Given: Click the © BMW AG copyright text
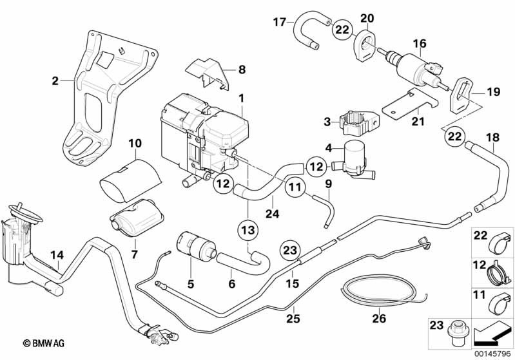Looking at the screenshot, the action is [44, 343].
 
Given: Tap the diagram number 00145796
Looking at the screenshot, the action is [492, 354].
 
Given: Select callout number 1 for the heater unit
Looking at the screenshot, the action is [242, 98].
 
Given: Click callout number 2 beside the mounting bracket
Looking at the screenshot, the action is [55, 81].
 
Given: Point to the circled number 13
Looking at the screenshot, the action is [248, 230].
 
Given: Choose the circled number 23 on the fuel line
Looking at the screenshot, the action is [290, 251].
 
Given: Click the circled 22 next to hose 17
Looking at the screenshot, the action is [342, 30].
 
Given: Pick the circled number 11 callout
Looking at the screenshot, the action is [295, 187].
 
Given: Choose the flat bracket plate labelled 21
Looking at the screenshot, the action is [411, 105].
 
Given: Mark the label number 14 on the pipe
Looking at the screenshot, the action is [57, 255].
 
